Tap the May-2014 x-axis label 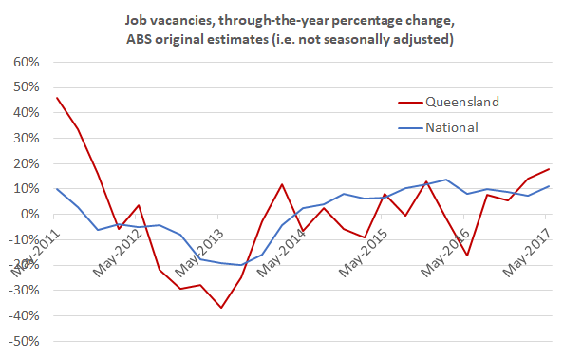point(279,249)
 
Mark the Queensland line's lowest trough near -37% point(221,308)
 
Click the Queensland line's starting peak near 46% point(58,98)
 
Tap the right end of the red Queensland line point(549,169)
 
